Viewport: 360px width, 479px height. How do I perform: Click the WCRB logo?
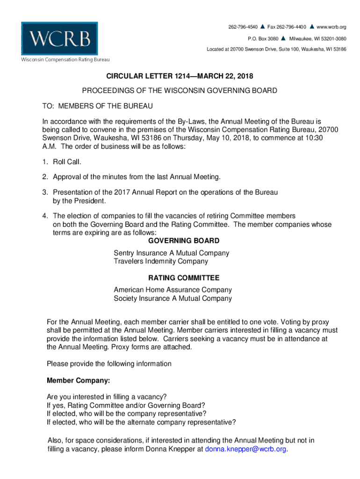pyautogui.click(x=59, y=38)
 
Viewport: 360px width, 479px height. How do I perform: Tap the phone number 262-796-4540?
pyautogui.click(x=243, y=27)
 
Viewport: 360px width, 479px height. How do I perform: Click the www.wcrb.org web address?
pyautogui.click(x=331, y=27)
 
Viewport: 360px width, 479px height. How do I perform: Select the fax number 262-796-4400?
pyautogui.click(x=286, y=27)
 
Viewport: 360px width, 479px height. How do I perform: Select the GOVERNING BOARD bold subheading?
pyautogui.click(x=183, y=241)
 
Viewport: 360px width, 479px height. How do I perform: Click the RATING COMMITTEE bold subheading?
pyautogui.click(x=183, y=277)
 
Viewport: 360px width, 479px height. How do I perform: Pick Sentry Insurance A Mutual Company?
pyautogui.click(x=172, y=253)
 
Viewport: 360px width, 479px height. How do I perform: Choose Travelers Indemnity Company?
pyautogui.click(x=161, y=261)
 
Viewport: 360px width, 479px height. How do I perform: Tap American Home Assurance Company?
pyautogui.click(x=173, y=290)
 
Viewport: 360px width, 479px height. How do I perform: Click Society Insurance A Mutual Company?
pyautogui.click(x=173, y=298)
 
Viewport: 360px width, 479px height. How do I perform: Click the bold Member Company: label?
pyautogui.click(x=78, y=380)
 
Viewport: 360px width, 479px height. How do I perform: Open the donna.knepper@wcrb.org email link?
pyautogui.click(x=246, y=449)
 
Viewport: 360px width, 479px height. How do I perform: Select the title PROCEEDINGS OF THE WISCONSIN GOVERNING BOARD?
pyautogui.click(x=180, y=91)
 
